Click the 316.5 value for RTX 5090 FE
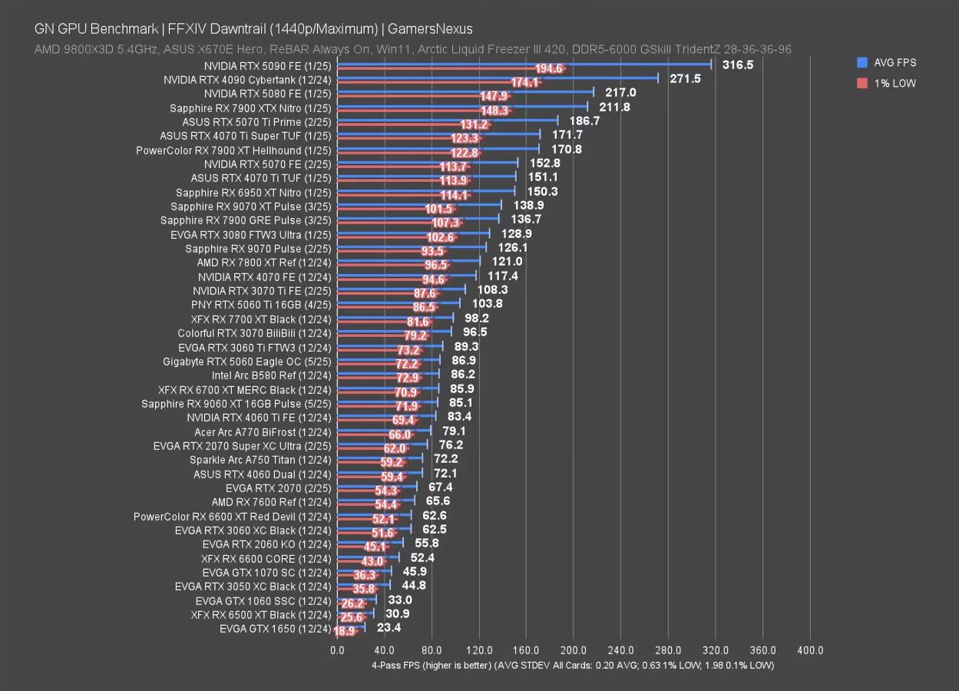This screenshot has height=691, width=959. pos(738,64)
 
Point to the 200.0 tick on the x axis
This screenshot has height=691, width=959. pos(574,650)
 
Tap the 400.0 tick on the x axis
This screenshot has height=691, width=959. pos(810,650)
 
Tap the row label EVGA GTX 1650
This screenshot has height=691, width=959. pos(275,629)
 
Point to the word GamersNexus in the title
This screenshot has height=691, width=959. pos(431,29)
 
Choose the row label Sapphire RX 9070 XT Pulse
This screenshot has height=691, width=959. pos(250,206)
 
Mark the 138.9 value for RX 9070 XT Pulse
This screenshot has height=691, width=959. pos(529,205)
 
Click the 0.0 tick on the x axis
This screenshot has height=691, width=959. pos(337,650)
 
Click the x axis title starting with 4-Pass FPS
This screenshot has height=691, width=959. pos(572,665)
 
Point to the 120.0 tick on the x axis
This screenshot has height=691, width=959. pos(479,650)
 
